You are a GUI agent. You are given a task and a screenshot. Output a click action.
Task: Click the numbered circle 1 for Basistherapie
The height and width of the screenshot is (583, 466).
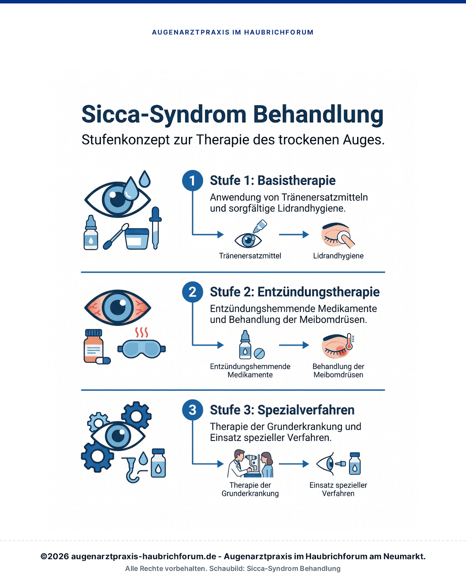pyautogui.click(x=192, y=181)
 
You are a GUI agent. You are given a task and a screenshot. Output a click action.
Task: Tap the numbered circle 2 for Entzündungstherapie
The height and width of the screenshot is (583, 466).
pyautogui.click(x=192, y=292)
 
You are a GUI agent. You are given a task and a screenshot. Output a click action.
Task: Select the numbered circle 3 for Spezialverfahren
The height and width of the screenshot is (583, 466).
pyautogui.click(x=192, y=410)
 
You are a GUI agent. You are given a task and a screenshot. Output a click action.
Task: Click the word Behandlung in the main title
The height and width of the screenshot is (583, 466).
pyautogui.click(x=319, y=114)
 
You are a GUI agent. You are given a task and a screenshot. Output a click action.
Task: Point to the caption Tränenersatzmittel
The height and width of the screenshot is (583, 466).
pyautogui.click(x=250, y=256)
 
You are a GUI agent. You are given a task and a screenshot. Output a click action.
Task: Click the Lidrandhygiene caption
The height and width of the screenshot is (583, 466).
pyautogui.click(x=338, y=256)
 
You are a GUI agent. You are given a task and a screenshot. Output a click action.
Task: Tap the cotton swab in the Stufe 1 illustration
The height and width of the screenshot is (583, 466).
pyautogui.click(x=116, y=236)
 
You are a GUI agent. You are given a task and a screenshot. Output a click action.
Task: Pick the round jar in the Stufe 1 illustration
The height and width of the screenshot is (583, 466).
pyautogui.click(x=137, y=238)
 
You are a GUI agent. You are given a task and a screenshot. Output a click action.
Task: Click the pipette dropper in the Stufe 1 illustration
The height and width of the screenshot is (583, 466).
pyautogui.click(x=155, y=228)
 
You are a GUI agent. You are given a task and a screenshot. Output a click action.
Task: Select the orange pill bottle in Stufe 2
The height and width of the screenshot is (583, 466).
pyautogui.click(x=94, y=346)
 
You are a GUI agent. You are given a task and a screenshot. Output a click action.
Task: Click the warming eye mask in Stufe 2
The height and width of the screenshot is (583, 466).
pyautogui.click(x=141, y=349)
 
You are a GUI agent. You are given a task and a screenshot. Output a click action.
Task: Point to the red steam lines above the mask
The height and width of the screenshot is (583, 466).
pyautogui.click(x=141, y=332)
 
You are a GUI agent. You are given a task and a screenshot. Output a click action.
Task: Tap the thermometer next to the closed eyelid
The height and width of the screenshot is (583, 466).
pyautogui.click(x=349, y=341)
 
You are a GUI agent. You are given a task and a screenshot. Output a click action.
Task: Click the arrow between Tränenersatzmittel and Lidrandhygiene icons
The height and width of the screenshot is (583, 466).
pyautogui.click(x=294, y=234)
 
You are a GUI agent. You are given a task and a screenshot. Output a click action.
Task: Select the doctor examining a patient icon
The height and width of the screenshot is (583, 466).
pyautogui.click(x=250, y=463)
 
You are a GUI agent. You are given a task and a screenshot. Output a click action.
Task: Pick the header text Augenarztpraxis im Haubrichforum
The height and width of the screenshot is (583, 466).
pyautogui.click(x=233, y=32)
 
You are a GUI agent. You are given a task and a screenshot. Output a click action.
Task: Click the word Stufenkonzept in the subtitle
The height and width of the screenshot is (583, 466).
pyautogui.click(x=126, y=140)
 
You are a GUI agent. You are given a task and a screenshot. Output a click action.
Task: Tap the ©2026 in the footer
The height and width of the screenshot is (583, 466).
pyautogui.click(x=55, y=556)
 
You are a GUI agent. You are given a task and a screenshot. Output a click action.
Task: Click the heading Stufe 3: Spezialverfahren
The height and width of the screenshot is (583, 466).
pyautogui.click(x=282, y=410)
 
